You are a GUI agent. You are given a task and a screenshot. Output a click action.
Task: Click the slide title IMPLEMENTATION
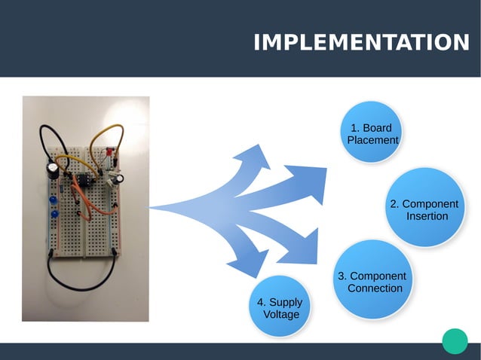click(361, 42)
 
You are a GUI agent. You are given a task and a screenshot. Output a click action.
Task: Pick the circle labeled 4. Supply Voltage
click(280, 307)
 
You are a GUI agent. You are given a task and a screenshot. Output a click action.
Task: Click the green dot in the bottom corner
click(455, 340)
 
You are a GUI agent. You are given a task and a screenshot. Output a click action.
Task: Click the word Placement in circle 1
click(372, 140)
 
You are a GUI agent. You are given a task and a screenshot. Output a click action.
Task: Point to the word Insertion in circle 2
click(427, 216)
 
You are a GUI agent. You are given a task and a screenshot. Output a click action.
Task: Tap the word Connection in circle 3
click(375, 288)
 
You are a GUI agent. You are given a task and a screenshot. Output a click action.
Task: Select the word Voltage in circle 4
click(280, 314)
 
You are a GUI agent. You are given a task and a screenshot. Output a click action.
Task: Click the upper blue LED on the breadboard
click(54, 200)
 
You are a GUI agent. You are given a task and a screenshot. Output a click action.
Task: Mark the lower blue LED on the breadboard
click(55, 216)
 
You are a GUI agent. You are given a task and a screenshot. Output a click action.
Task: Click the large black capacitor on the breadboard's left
click(52, 169)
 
